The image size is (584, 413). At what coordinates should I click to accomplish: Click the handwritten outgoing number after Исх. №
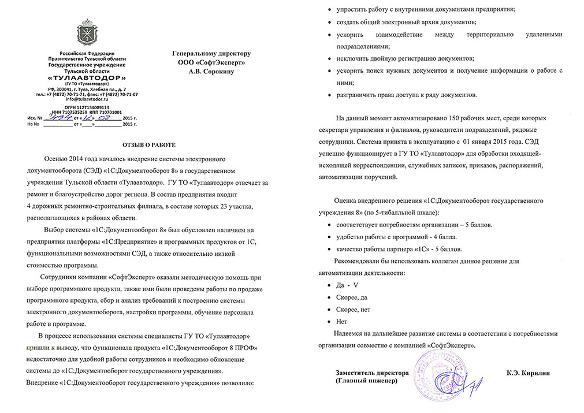[x=61, y=117]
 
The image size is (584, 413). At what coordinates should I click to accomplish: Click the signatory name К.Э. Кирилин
[x=527, y=373]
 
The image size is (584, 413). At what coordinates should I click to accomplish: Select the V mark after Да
[x=356, y=285]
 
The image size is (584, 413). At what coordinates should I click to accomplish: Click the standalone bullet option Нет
[x=341, y=321]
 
